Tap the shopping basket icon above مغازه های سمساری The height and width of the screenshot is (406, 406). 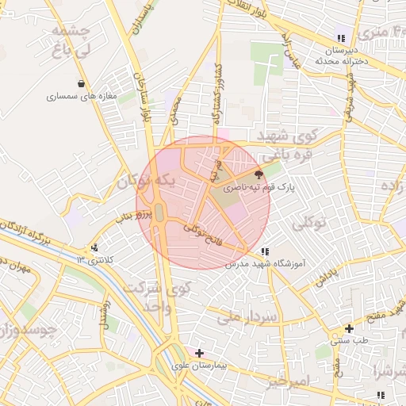click(x=81, y=82)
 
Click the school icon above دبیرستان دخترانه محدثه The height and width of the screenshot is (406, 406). click(x=341, y=38)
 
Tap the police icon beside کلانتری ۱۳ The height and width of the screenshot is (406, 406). click(x=95, y=248)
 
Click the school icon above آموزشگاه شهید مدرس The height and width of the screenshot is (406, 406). click(x=264, y=252)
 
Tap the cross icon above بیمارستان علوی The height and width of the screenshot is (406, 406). click(x=199, y=353)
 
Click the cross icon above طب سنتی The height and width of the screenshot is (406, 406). click(x=349, y=328)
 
